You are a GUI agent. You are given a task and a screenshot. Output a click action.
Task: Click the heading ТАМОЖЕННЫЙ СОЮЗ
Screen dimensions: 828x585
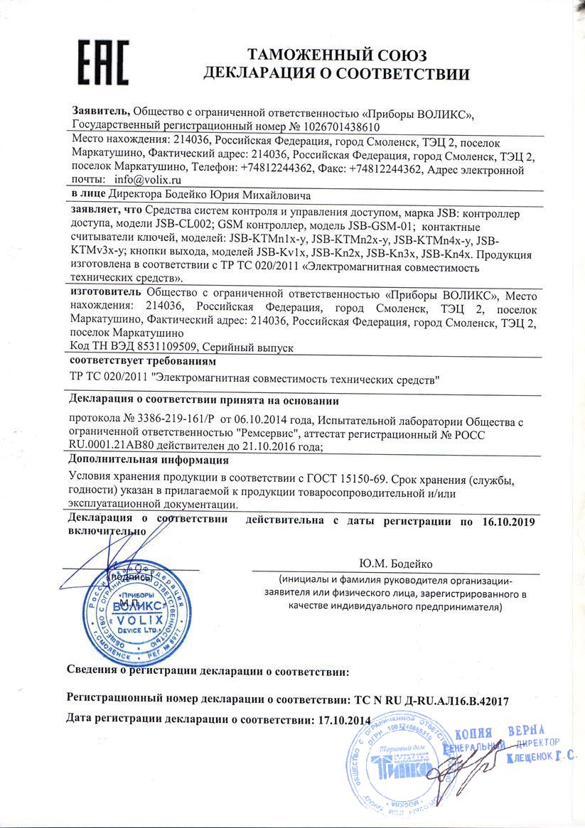pyautogui.click(x=336, y=55)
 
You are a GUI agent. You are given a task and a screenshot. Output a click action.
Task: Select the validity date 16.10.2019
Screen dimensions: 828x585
pyautogui.click(x=506, y=521)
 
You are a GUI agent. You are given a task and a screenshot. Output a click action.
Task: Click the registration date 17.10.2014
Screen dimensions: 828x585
pyautogui.click(x=342, y=719)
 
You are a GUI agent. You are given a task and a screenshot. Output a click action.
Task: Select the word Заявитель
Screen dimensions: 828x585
pyautogui.click(x=100, y=112)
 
